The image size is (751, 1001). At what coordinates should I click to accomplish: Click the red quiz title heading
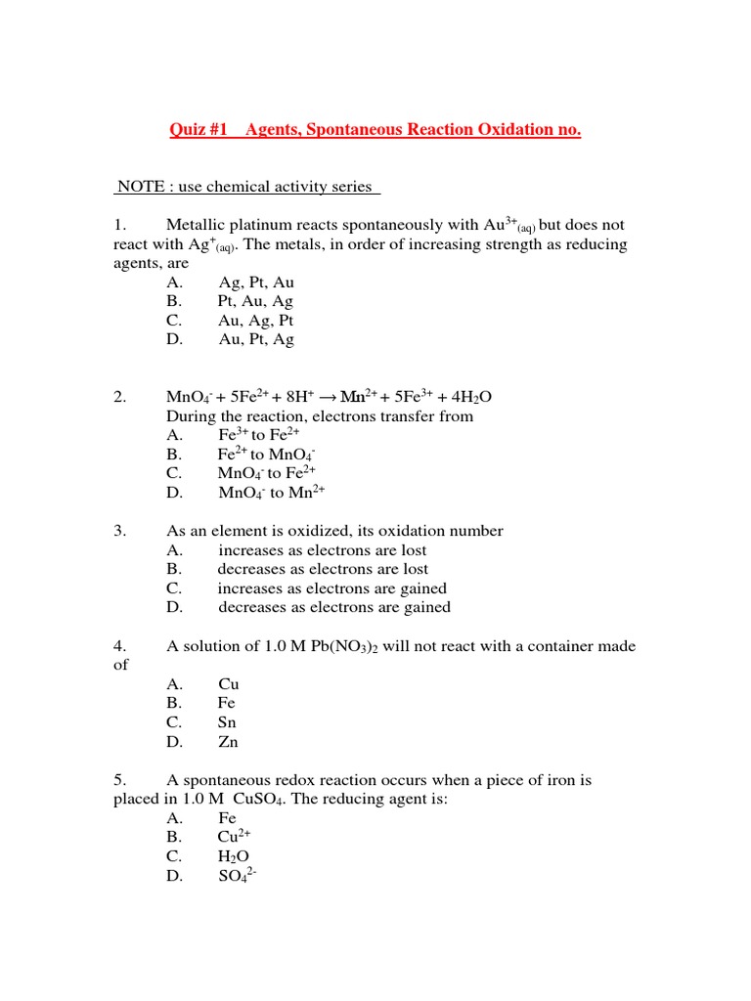tap(375, 129)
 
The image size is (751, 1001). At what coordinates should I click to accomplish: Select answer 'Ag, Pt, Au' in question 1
tap(256, 283)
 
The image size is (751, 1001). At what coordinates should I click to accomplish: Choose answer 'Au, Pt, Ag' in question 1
tap(256, 339)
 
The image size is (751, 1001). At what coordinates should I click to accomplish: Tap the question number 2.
tap(120, 397)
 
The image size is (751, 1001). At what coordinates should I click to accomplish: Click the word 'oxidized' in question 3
tap(298, 531)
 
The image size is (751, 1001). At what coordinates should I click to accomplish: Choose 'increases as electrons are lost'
tap(323, 550)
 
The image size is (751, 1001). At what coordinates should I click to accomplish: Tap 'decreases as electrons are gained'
tap(333, 607)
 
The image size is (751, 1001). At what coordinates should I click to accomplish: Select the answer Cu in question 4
tap(228, 684)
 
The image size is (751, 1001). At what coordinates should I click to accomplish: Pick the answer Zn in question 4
tap(228, 742)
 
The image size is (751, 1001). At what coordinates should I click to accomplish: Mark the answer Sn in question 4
tap(227, 722)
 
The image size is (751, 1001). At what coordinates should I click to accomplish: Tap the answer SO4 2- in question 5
tap(237, 876)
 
